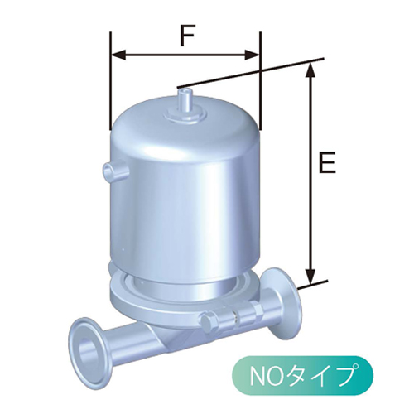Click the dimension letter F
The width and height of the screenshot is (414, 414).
click(x=186, y=36)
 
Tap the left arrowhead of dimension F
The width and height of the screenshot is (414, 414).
click(x=115, y=55)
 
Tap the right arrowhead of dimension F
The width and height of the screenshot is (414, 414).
click(x=256, y=55)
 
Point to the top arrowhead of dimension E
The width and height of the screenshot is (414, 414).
click(x=310, y=69)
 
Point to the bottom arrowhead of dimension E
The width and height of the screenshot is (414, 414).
click(x=310, y=278)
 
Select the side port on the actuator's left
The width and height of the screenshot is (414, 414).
click(x=113, y=171)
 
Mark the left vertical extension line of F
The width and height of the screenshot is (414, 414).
click(x=110, y=83)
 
